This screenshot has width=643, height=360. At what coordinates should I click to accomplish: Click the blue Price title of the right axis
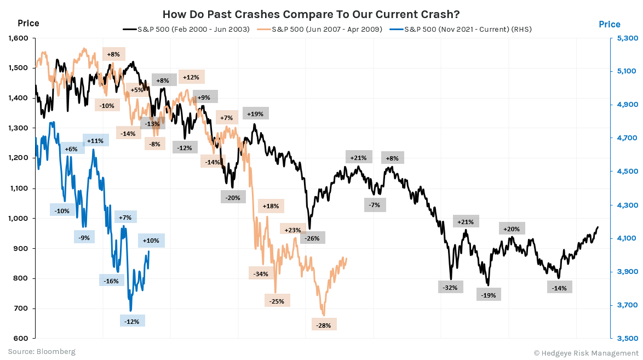click(x=609, y=24)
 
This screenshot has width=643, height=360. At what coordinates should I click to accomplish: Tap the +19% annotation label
click(x=255, y=114)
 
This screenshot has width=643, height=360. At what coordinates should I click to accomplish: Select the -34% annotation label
click(x=261, y=273)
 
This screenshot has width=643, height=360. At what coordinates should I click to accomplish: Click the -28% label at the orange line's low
click(x=324, y=325)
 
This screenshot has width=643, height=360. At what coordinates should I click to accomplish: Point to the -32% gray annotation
click(x=451, y=287)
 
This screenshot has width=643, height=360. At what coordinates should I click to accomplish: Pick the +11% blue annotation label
click(x=95, y=140)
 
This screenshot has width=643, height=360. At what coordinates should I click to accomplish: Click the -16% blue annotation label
click(x=111, y=281)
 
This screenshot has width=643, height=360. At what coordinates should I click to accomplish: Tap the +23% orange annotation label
click(x=292, y=230)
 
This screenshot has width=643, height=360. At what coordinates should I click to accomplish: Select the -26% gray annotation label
click(x=313, y=238)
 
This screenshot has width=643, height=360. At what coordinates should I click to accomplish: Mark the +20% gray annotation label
click(x=512, y=228)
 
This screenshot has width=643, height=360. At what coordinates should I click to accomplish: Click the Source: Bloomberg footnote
click(x=42, y=351)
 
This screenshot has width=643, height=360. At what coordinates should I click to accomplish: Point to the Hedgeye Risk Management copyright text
click(x=585, y=352)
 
